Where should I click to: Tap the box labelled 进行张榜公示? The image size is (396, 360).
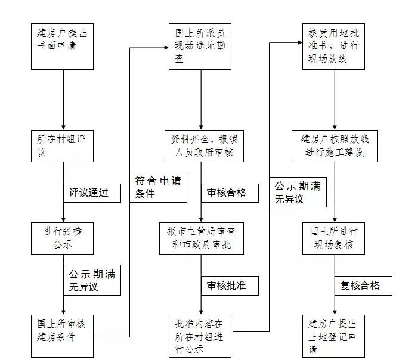click(63, 238)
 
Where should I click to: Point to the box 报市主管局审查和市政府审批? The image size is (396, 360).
click(200, 238)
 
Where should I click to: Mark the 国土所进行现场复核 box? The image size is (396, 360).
click(333, 238)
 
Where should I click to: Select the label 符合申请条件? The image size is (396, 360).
click(156, 187)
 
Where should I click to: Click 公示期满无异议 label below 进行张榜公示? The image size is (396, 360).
click(92, 280)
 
